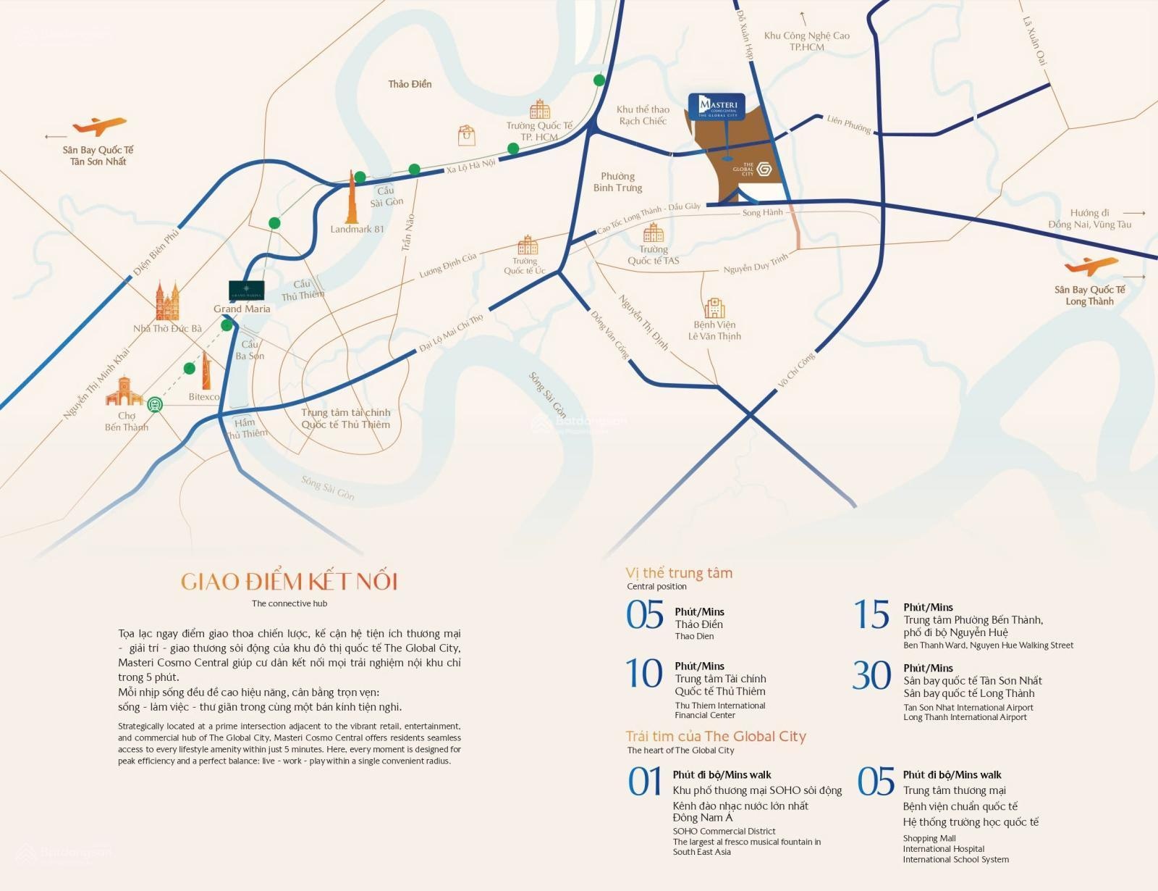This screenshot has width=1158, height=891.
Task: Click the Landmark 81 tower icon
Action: [x=352, y=198]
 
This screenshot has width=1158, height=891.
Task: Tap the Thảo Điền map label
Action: [x=410, y=84]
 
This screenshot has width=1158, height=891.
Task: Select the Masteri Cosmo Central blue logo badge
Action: [x=717, y=106]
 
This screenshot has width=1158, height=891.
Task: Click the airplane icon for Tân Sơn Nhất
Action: [x=99, y=127]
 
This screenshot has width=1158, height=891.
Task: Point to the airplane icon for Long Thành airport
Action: [x=1091, y=266]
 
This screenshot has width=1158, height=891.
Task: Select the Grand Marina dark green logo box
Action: [x=246, y=290]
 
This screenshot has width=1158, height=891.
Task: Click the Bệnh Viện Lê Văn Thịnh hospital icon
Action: [x=714, y=308]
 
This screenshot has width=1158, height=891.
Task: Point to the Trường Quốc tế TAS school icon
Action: [x=654, y=233]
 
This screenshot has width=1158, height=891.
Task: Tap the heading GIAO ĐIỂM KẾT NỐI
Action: [x=289, y=582]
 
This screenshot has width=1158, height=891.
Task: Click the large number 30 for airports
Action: [x=871, y=675]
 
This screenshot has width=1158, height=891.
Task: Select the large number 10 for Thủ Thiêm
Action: [x=644, y=673]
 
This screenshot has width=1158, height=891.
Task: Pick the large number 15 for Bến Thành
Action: [x=871, y=615]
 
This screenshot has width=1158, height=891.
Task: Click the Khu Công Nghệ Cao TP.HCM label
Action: [x=807, y=41]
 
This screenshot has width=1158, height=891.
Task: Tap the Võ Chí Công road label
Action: [x=796, y=370]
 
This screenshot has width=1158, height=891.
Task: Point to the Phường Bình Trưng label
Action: [x=618, y=182]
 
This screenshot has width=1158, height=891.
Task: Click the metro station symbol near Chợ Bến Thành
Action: [x=155, y=404]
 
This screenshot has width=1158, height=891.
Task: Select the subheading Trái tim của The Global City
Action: [x=716, y=736]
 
